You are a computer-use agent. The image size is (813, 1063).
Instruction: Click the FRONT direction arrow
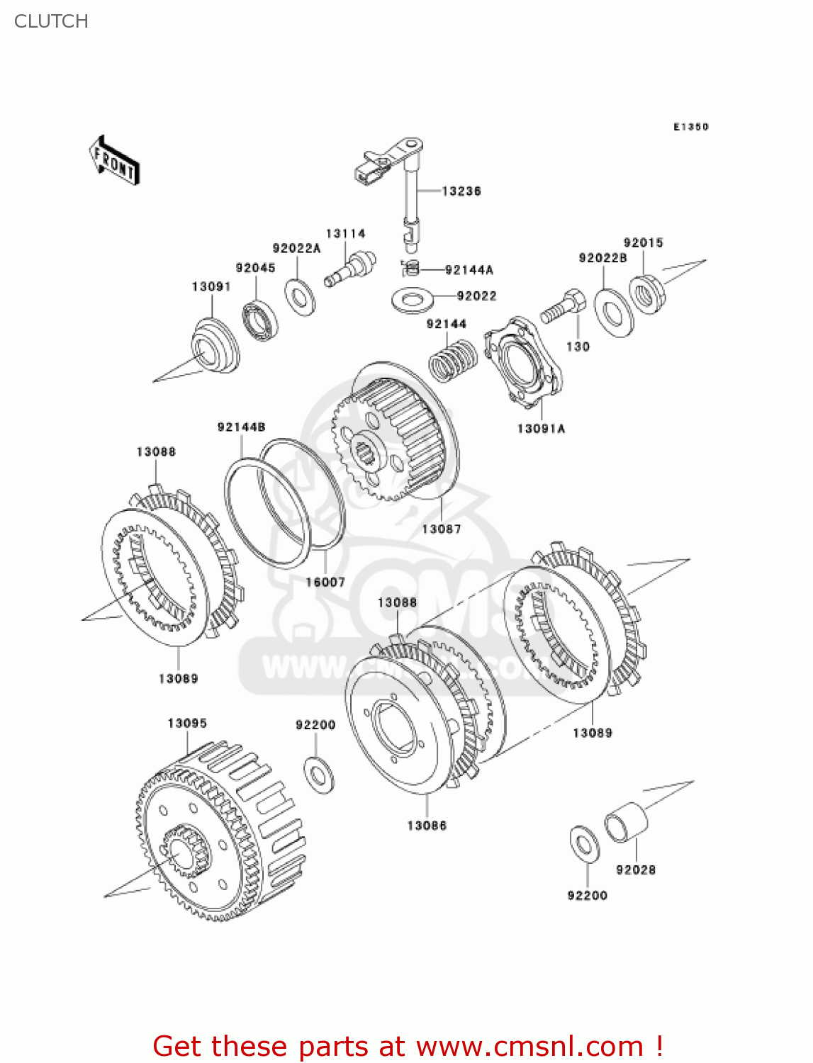pos(114,161)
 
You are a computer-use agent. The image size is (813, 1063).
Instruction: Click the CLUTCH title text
pos(51,21)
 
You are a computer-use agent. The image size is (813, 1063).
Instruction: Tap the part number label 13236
pos(461,191)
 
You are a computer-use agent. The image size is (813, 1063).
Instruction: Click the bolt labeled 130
pos(563,308)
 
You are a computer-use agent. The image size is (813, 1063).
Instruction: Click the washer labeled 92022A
pos(301,297)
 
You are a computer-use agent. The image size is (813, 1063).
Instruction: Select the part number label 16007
pos(325,582)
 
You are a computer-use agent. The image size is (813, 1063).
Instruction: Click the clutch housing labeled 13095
pos(220,829)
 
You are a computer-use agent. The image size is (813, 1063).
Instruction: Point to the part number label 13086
pos(427,826)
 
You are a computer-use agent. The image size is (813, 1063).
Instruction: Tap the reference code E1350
pos(690,127)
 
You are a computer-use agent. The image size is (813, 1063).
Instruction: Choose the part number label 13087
pos(441,529)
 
